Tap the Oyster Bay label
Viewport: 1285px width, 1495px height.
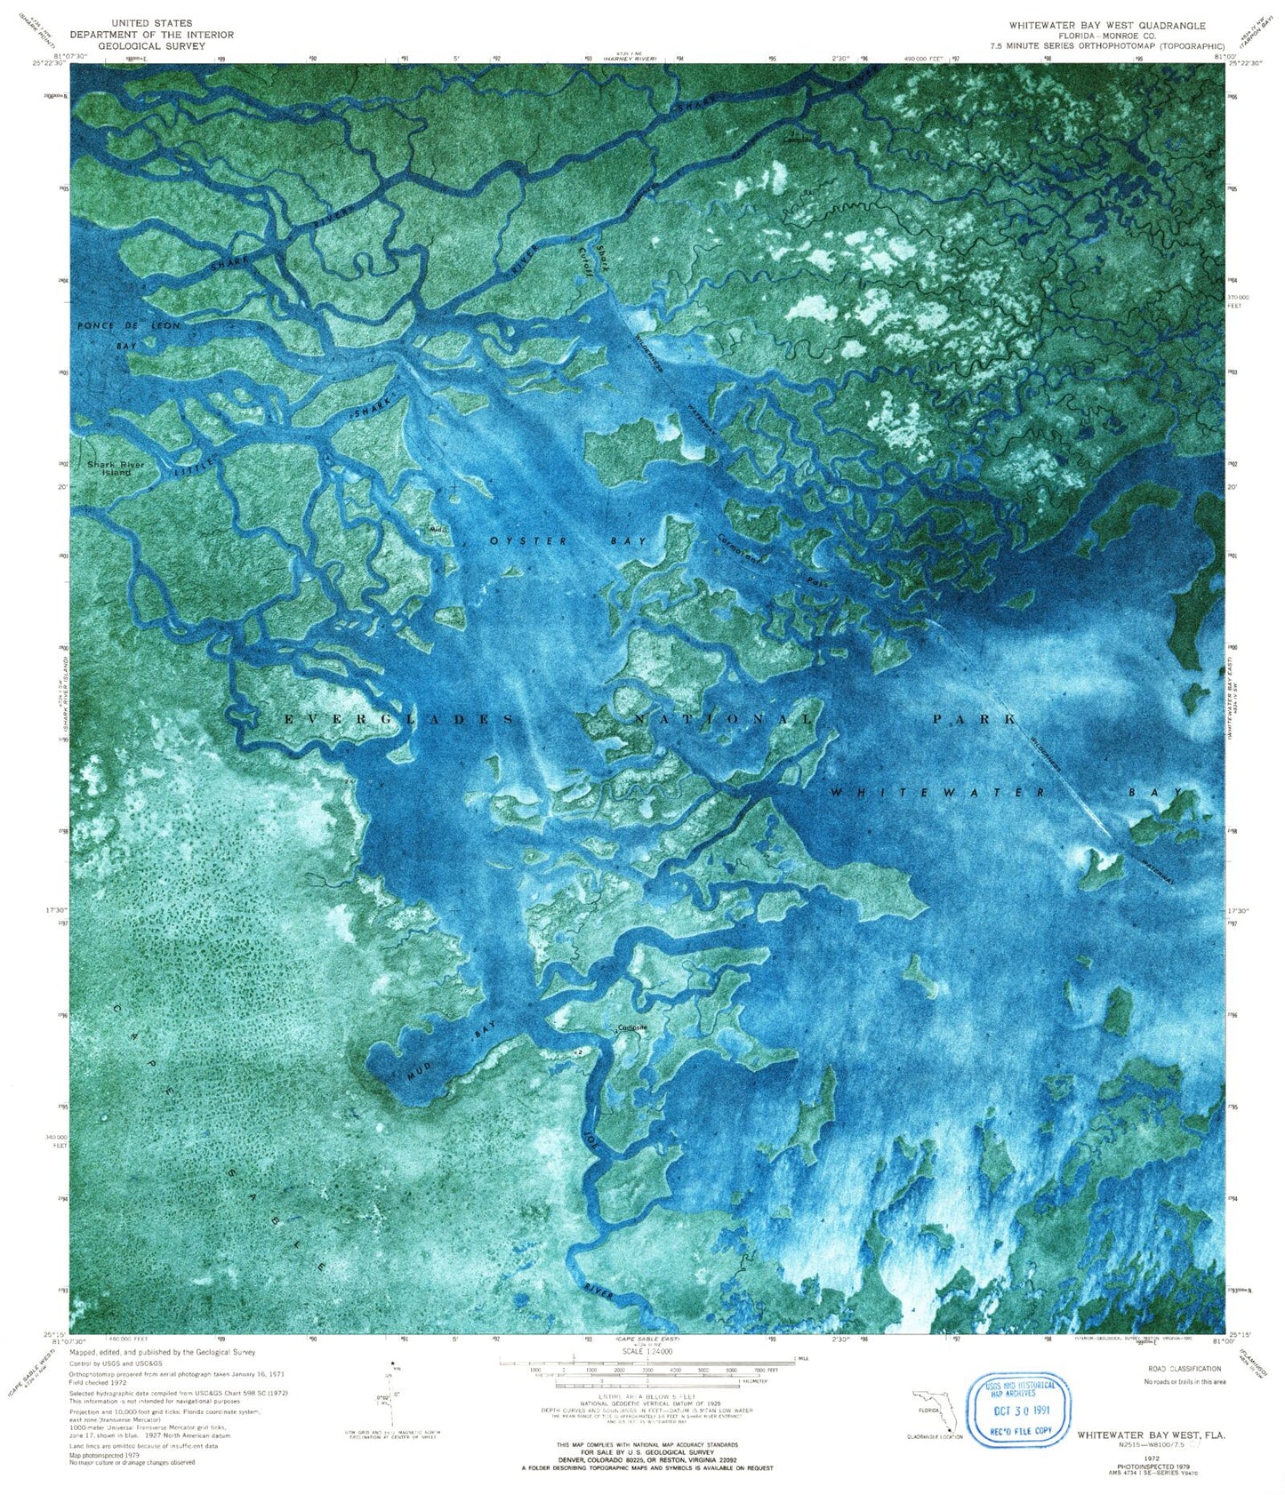[x=567, y=541]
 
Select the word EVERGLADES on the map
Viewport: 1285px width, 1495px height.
[x=398, y=718]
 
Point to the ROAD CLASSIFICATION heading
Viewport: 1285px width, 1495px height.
[x=1183, y=1369]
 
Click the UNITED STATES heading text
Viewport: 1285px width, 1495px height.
[x=152, y=23]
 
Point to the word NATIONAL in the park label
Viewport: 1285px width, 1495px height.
[x=722, y=718]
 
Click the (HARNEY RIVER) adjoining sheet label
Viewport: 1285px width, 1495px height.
[x=629, y=59]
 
